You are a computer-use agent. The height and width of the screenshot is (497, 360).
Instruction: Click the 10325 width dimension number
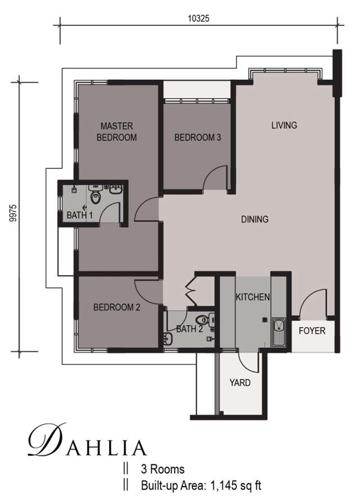(199, 19)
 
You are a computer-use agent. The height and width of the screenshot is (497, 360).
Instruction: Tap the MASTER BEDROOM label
(116, 132)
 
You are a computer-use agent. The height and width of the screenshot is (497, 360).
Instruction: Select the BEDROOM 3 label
(197, 137)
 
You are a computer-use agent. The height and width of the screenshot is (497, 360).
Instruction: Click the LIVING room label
(284, 125)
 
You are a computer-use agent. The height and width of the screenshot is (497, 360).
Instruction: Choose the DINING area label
(255, 219)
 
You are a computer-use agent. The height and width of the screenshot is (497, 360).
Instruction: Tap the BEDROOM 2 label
(116, 307)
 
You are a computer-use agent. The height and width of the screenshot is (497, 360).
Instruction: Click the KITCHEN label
(253, 297)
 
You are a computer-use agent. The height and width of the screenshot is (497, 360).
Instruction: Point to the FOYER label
(312, 331)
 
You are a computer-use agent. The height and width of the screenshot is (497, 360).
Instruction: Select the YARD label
(240, 383)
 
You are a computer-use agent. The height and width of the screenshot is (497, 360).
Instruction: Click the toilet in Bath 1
(96, 195)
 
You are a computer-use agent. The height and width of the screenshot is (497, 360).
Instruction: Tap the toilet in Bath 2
(204, 320)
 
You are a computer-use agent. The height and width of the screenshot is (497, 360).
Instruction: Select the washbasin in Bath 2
(168, 339)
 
